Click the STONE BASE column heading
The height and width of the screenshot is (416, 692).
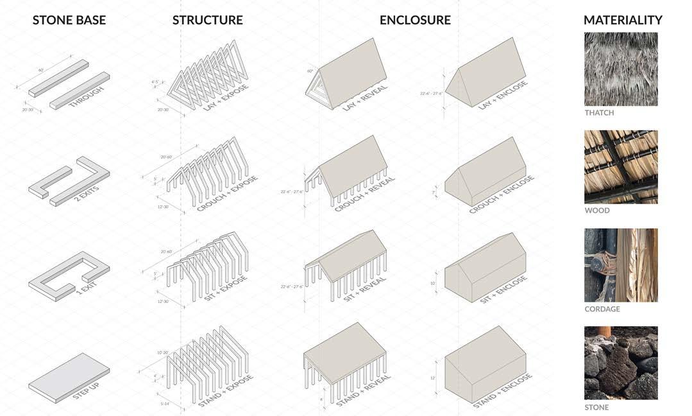(x=69, y=20)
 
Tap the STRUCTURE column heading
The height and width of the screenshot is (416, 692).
(x=207, y=20)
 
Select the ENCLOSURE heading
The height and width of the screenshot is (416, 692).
(x=415, y=20)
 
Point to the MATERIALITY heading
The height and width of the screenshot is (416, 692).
(x=622, y=20)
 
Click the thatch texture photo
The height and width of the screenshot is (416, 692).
(x=621, y=69)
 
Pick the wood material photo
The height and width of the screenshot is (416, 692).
(x=621, y=167)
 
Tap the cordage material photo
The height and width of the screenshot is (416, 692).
(x=621, y=265)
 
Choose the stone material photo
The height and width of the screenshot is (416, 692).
(x=621, y=363)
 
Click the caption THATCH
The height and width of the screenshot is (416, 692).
(x=599, y=113)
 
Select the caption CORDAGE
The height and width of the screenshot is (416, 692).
(x=602, y=309)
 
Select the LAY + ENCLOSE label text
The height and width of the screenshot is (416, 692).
(x=504, y=95)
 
